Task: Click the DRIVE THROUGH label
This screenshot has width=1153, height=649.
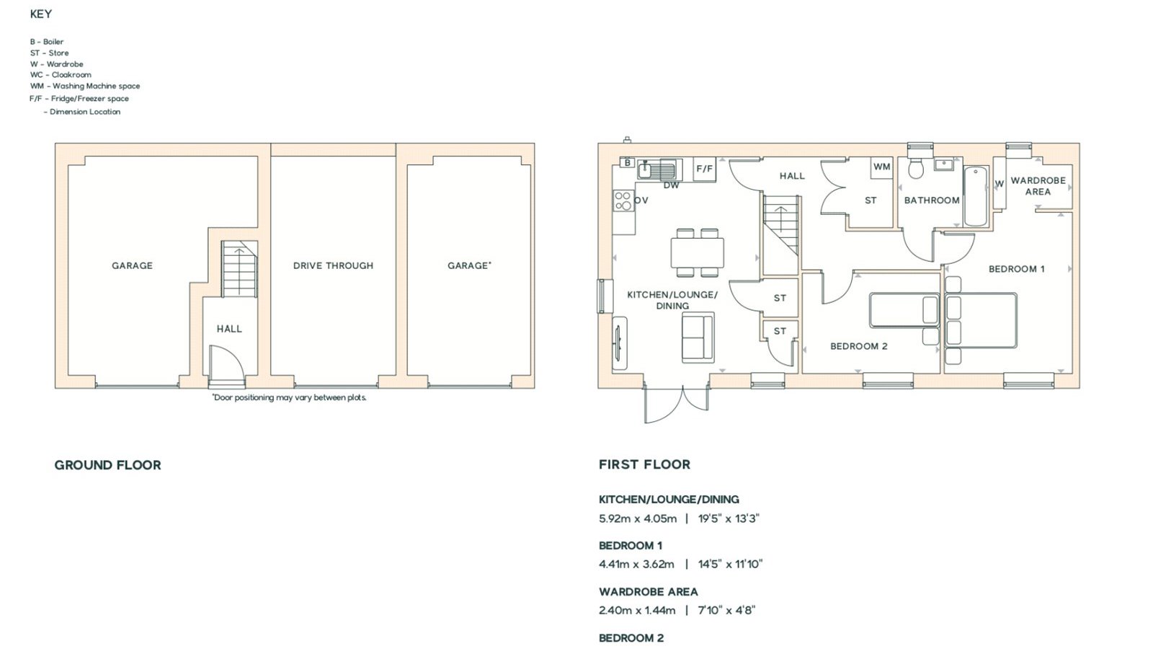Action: (333, 266)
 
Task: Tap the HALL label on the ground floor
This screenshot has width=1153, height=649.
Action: (229, 329)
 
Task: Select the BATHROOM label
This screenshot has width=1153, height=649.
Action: (932, 200)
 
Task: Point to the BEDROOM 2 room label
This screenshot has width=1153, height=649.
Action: (858, 346)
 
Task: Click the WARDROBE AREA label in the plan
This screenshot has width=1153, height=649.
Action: (1038, 186)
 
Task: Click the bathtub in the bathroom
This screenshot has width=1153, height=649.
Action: (976, 196)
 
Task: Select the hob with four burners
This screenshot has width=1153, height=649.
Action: (623, 200)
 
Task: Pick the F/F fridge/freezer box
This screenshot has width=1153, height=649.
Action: (704, 169)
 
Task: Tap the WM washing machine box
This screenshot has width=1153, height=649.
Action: (882, 167)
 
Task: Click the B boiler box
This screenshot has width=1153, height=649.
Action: (627, 163)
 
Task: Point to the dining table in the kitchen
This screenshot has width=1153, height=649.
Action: (697, 252)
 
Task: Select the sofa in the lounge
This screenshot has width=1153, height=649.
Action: (698, 337)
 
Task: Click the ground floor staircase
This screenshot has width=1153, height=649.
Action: (239, 269)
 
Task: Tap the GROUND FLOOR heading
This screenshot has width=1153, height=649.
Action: (107, 465)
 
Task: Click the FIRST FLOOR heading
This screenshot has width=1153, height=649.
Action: (644, 464)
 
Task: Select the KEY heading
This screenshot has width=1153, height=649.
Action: (40, 14)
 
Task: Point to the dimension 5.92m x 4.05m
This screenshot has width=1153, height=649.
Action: (638, 518)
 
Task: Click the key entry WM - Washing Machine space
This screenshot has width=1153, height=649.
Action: (85, 86)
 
